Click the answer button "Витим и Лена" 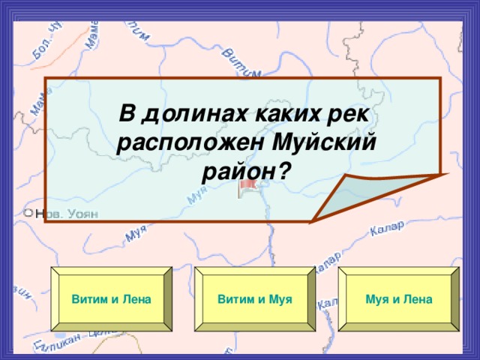coord(111,300)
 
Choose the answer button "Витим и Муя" coord(254,300)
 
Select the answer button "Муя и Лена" coord(398,300)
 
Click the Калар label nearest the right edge coord(388,228)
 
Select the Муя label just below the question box coord(136,235)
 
